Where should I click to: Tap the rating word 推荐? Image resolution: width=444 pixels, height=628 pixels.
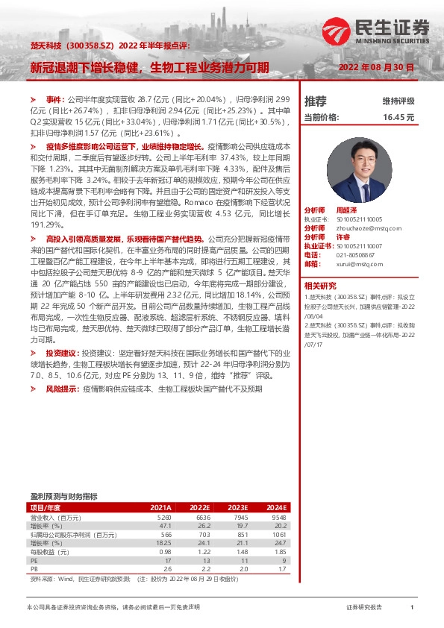pyautogui.click(x=316, y=101)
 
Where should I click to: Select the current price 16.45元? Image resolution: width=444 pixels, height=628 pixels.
pyautogui.click(x=398, y=117)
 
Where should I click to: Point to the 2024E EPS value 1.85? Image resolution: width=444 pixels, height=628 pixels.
pyautogui.click(x=280, y=553)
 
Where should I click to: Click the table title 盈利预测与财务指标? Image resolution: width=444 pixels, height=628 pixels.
pyautogui.click(x=63, y=496)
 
